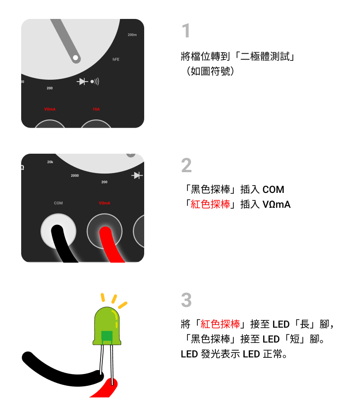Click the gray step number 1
pos(186,30)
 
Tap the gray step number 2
pos(187,165)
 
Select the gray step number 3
pos(187,300)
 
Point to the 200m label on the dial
pos(132,35)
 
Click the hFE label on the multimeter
pos(116,59)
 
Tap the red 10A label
pos(96,109)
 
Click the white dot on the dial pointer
pos(76,58)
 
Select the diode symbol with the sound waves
pos(88,82)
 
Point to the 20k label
pos(50,162)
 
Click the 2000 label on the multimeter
pos(75,175)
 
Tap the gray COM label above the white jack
pos(59,203)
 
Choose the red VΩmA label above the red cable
pos(105,203)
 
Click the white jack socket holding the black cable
pos(59,231)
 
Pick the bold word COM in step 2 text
pos(273,190)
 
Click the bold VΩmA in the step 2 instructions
pos(277,205)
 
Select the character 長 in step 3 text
pos(305,324)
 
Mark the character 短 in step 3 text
pos(295,339)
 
